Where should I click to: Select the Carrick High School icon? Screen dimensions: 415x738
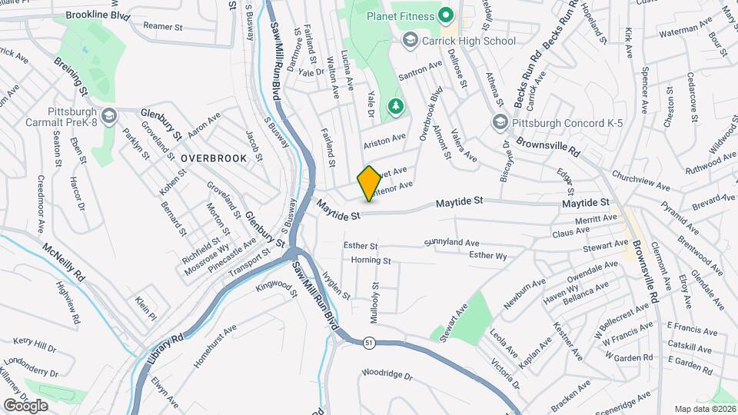(x=410, y=40)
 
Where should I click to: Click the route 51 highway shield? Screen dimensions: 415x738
(x=371, y=344)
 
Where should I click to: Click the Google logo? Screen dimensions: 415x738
(x=25, y=405)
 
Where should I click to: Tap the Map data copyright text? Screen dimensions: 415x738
(x=703, y=409)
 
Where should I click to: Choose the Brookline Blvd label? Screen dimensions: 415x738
(x=98, y=15)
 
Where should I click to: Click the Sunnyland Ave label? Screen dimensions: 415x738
(x=451, y=243)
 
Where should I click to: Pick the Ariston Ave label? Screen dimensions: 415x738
(x=384, y=138)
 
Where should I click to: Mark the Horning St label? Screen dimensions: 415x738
(x=371, y=261)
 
